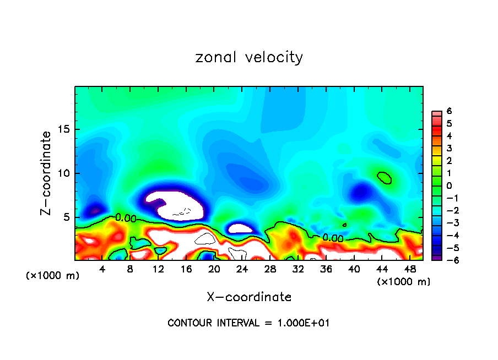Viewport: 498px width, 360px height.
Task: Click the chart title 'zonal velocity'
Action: coord(249,57)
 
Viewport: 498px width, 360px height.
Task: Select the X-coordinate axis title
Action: coord(249,297)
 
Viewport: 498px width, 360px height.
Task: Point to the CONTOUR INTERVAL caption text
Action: coord(248,323)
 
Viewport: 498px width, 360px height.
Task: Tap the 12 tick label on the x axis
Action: coord(158,269)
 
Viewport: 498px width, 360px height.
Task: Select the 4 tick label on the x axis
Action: coord(102,269)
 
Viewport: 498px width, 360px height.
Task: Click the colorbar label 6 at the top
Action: coord(449,111)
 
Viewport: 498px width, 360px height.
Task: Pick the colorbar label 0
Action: coord(449,186)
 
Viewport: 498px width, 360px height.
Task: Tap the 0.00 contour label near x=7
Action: coord(126,218)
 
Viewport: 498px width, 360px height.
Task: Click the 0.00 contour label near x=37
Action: coord(333,238)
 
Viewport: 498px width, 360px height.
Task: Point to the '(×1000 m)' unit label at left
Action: coord(53,276)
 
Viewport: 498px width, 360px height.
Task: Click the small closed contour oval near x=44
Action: coord(385,177)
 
